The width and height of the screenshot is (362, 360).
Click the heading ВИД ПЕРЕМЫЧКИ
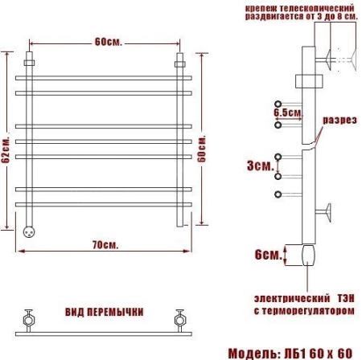[x=105, y=311]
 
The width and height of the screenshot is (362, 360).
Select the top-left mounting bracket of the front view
[x=31, y=62]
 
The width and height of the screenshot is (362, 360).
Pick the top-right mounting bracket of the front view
[x=179, y=62]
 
